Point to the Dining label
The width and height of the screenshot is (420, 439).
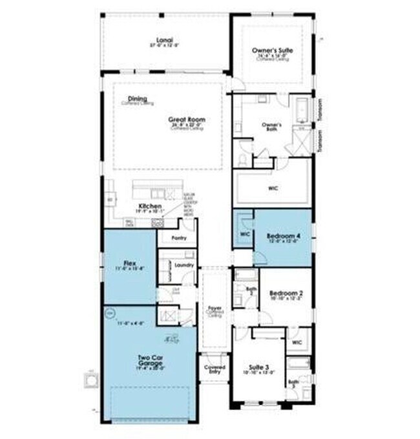point(137,98)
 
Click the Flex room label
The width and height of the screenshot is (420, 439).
point(129,263)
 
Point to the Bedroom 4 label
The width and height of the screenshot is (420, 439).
point(284,237)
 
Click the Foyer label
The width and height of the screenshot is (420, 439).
point(214,308)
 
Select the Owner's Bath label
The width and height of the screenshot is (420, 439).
point(271,124)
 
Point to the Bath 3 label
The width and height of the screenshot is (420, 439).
point(294,383)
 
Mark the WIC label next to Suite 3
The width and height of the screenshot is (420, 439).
point(297,342)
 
